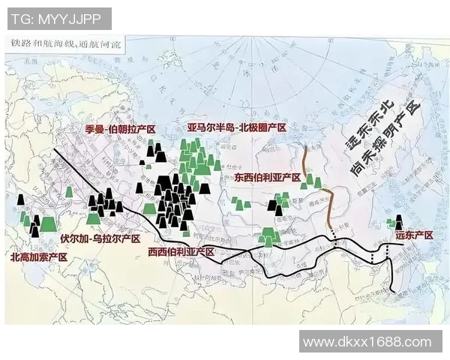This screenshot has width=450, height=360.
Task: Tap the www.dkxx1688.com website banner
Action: pos(370,342)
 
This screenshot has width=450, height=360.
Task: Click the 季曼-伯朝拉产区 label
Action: pos(121,130)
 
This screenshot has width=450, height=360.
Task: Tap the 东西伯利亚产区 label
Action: pos(267,178)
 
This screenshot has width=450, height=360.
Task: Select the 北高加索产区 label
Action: pos(39,257)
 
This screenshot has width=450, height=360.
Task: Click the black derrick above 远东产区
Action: pos(398,222)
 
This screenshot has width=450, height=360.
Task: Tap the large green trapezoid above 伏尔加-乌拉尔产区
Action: pos(94,218)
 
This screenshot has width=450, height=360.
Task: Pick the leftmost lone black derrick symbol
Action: pos(20,203)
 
